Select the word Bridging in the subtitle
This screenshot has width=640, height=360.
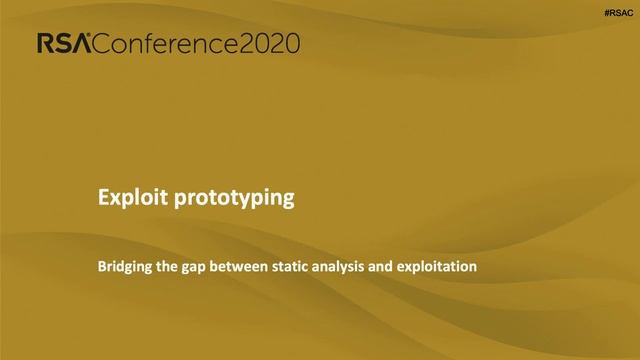click(x=124, y=268)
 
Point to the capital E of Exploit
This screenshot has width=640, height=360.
click(x=102, y=198)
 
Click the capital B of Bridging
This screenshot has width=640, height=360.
click(x=101, y=268)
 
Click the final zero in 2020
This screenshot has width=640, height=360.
click(x=291, y=43)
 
